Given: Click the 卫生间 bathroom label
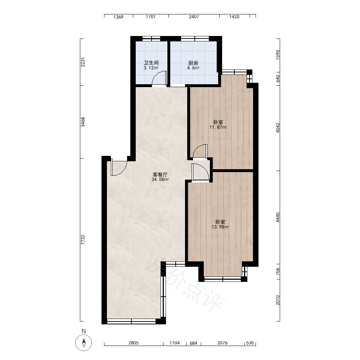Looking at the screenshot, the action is coord(151,63).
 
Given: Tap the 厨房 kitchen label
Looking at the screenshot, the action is coord(193,63).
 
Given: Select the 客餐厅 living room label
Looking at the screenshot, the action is coord(160,175).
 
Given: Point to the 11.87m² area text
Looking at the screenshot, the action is coord(218,127).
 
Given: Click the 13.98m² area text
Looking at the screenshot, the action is coord(220,227).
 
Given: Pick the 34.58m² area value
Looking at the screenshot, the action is coord(160,180).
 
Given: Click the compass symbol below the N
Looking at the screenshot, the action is coord(84,343).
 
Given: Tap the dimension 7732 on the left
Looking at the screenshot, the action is coord(83,240).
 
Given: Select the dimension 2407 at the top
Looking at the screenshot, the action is coord(194,17).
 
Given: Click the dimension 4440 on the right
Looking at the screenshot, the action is coord(278,217).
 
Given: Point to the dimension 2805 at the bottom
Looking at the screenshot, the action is coord(134,343).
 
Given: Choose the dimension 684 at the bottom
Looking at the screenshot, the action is coord(194,343).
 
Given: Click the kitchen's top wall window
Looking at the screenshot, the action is coord(195,39).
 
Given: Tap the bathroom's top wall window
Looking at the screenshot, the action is coord(151,39).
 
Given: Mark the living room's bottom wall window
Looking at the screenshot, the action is coord(131,321).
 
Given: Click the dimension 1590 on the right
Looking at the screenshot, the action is coord(278,55).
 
